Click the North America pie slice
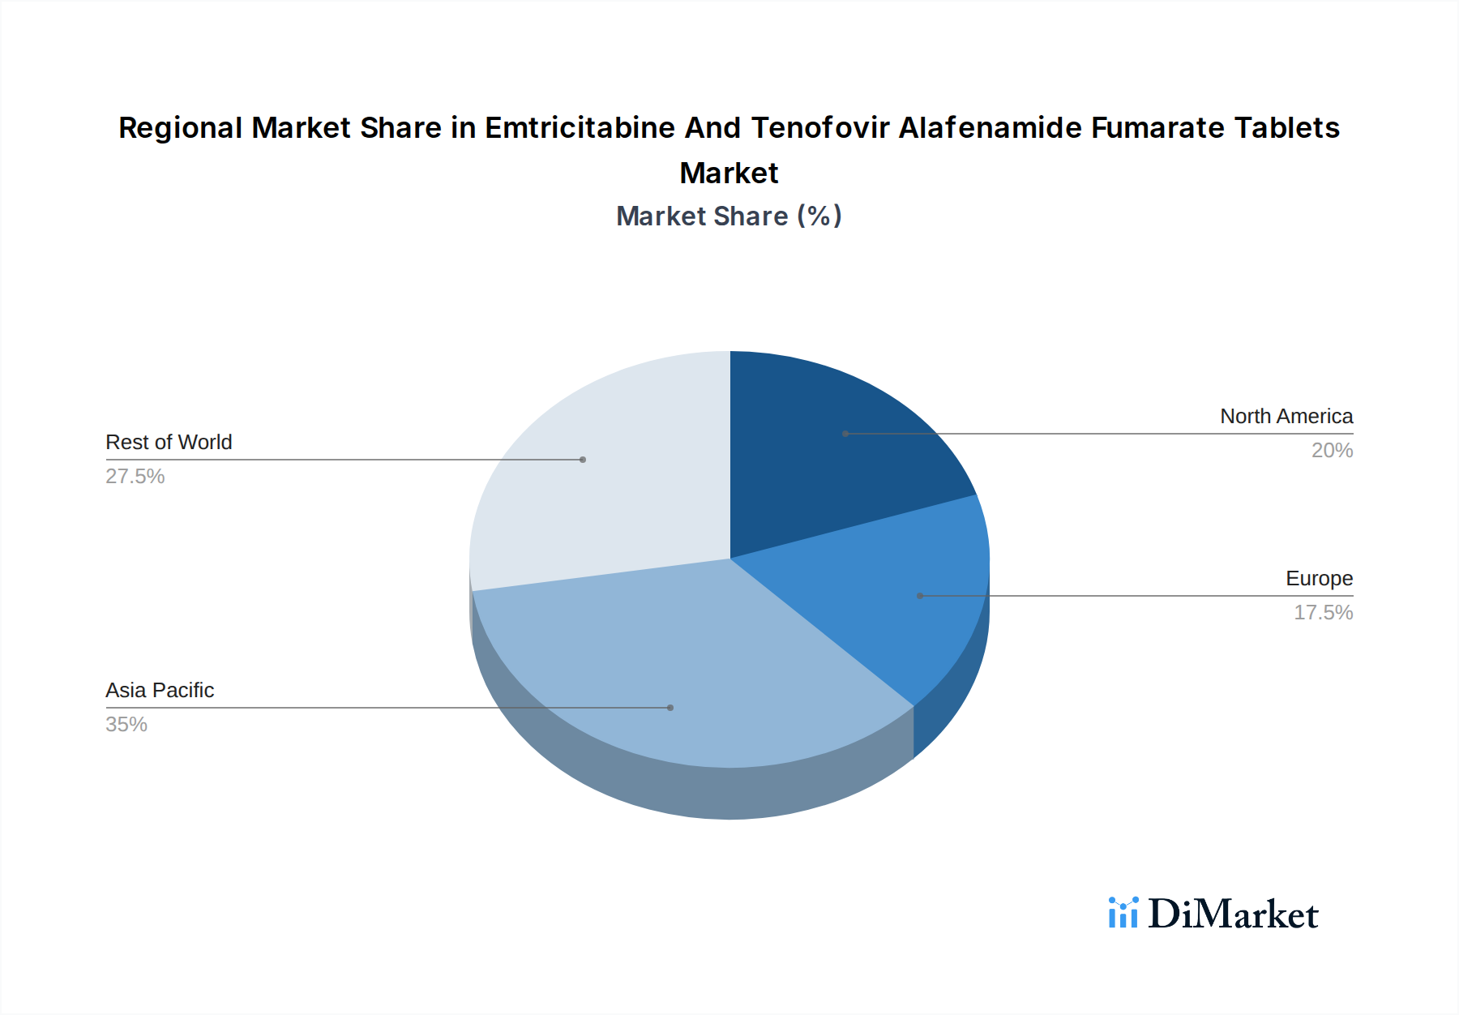click(x=835, y=454)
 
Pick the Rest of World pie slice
click(x=600, y=478)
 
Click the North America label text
click(x=1286, y=416)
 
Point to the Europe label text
click(x=1319, y=578)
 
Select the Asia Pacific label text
click(x=160, y=690)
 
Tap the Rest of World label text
click(x=169, y=442)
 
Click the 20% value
click(x=1332, y=450)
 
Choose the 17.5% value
click(x=1323, y=612)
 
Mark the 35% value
click(x=126, y=724)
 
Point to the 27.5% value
click(x=135, y=476)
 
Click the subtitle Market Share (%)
click(x=729, y=216)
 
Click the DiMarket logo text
click(x=1233, y=914)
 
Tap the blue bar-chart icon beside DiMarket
click(x=1123, y=913)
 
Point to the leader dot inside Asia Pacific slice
click(x=670, y=708)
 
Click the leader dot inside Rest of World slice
click(x=583, y=460)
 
